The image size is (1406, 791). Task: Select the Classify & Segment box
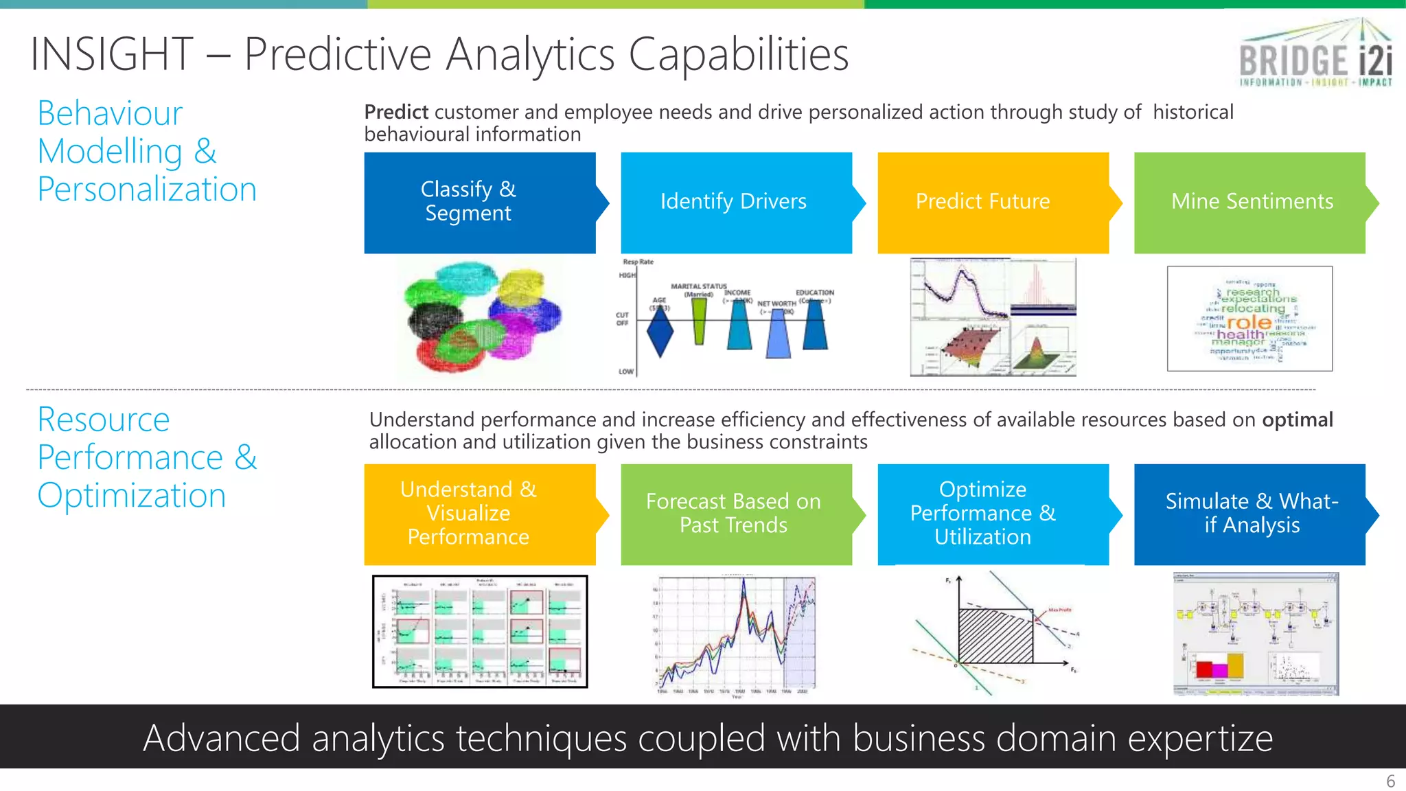point(479,203)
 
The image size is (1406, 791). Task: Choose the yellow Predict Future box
point(992,203)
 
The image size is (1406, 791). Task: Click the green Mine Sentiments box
point(1249,203)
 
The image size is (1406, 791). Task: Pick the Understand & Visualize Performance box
point(479,514)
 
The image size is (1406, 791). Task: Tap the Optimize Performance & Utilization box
point(992,514)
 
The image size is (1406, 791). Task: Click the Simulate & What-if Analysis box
point(1249,514)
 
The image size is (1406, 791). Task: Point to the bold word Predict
point(396,112)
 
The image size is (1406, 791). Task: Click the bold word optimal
point(1297,420)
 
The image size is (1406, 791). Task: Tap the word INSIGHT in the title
point(112,54)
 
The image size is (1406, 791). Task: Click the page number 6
point(1390,781)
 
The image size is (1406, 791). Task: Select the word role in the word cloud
point(1249,322)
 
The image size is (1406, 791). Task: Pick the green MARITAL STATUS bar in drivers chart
point(699,321)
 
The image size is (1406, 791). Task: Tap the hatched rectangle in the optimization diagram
point(995,635)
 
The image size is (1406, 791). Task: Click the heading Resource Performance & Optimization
point(147,457)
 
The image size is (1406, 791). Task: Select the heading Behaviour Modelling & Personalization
point(147,151)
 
